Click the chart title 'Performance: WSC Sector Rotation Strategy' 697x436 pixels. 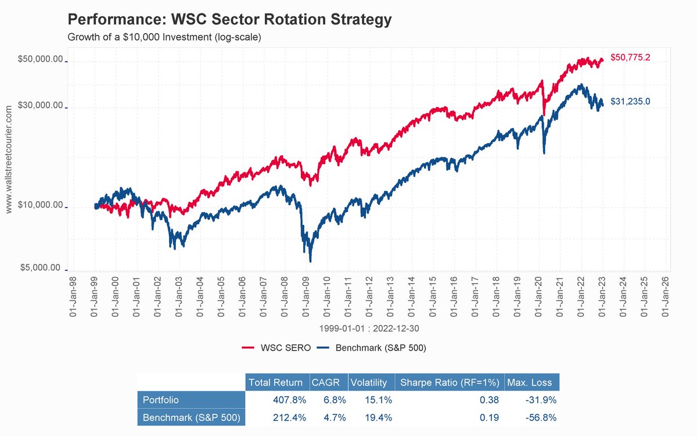pos(229,20)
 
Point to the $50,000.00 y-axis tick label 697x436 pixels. pos(41,60)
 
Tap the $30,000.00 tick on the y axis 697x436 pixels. pos(41,106)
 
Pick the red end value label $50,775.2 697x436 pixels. pos(630,58)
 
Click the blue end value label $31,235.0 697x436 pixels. pos(630,101)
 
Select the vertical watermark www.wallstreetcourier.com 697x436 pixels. pos(8,159)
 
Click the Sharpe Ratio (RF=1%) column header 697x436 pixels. pos(448,383)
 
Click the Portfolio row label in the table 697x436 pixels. pos(160,400)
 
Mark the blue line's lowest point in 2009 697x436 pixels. pos(310,261)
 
